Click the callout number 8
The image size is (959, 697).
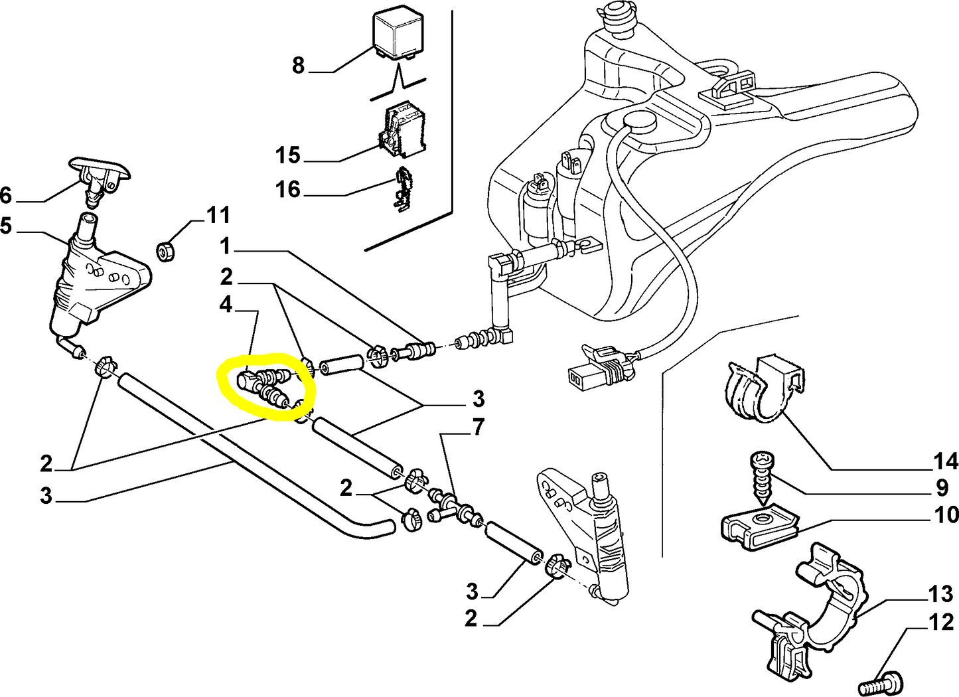point(298,65)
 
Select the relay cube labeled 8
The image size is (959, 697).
point(398,35)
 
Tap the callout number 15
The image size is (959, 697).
point(288,155)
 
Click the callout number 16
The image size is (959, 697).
point(288,190)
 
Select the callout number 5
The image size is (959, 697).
point(6,226)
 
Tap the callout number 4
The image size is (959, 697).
point(226,305)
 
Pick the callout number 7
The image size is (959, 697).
point(479,427)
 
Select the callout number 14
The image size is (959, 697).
point(946,461)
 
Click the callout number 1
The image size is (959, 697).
point(226,247)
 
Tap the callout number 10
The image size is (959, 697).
point(946,514)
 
